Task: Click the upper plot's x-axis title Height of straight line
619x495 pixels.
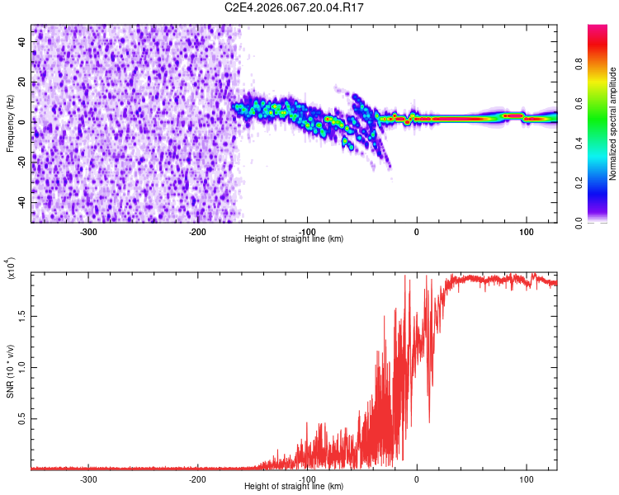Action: point(294,238)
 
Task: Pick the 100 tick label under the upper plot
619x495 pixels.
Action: point(526,231)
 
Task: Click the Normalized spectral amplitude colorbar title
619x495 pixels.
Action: point(612,124)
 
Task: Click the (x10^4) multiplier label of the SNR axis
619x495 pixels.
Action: point(11,268)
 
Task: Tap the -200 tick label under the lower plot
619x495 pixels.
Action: point(197,478)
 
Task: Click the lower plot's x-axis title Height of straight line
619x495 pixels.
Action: point(294,486)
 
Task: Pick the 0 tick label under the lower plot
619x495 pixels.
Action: point(416,478)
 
